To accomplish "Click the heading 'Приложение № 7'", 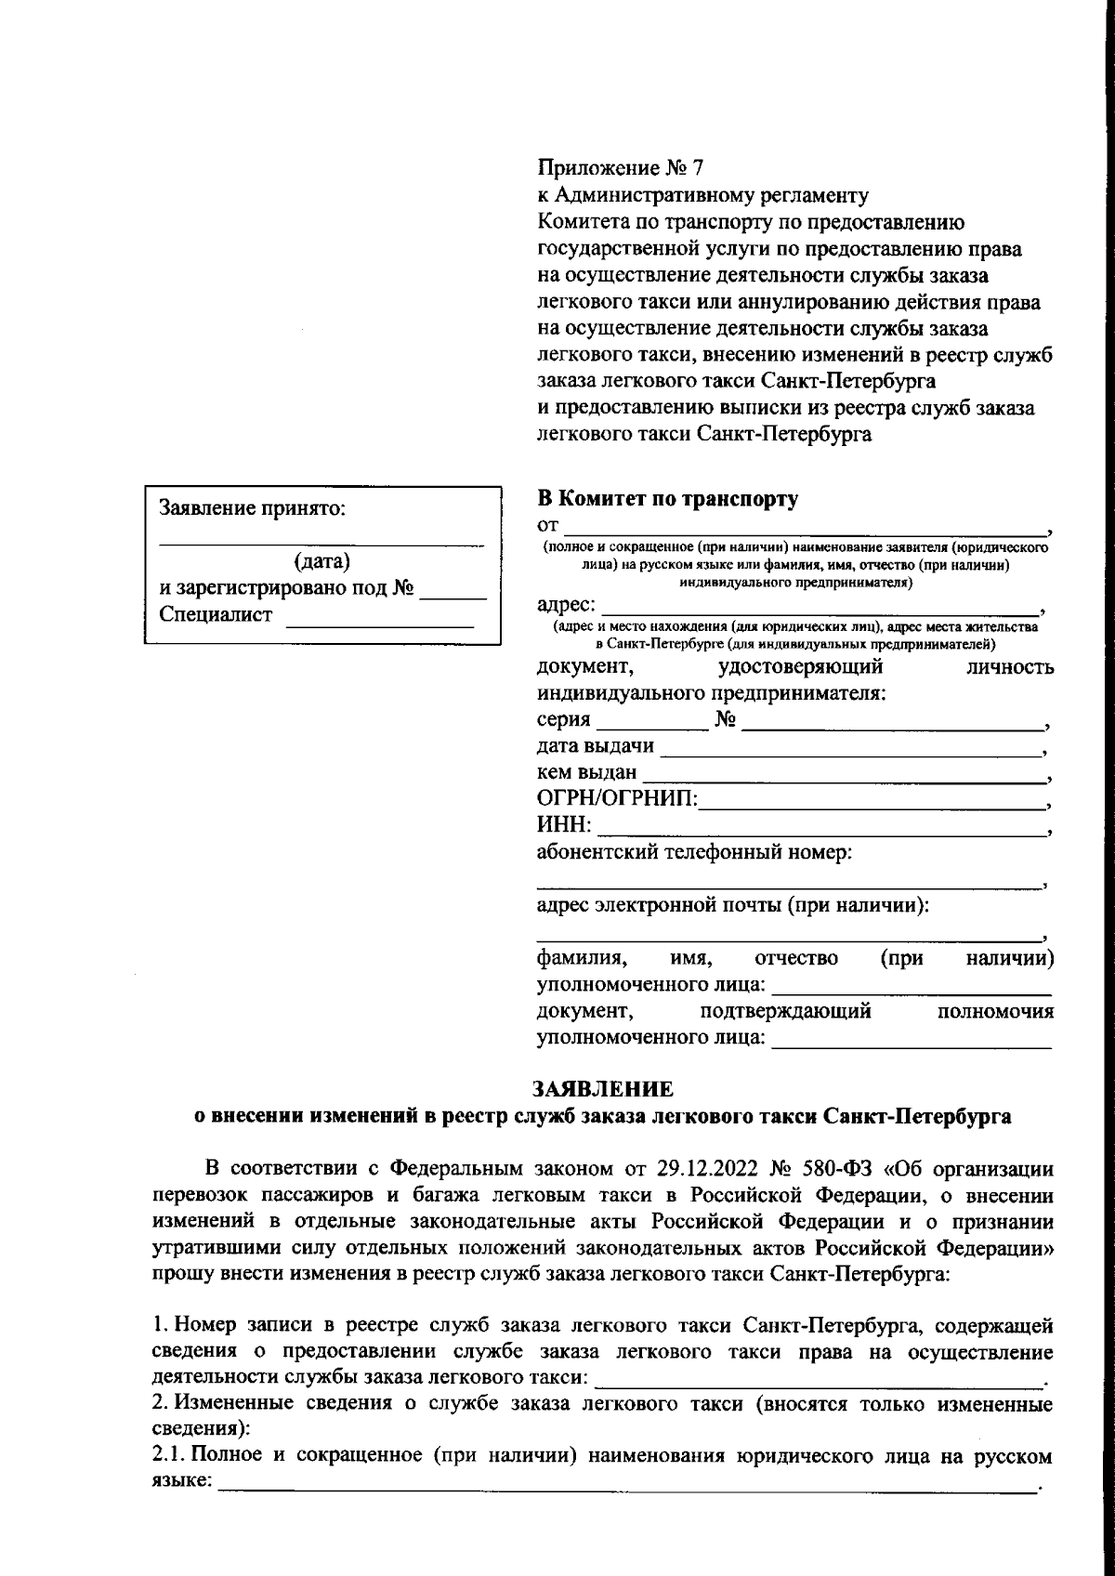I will coord(621,168).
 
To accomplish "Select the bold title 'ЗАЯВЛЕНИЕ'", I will coord(602,1087).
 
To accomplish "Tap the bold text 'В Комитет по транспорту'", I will coord(667,500).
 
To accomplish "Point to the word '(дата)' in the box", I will coord(321,561).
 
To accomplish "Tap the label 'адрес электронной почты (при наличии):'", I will coord(733,904).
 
